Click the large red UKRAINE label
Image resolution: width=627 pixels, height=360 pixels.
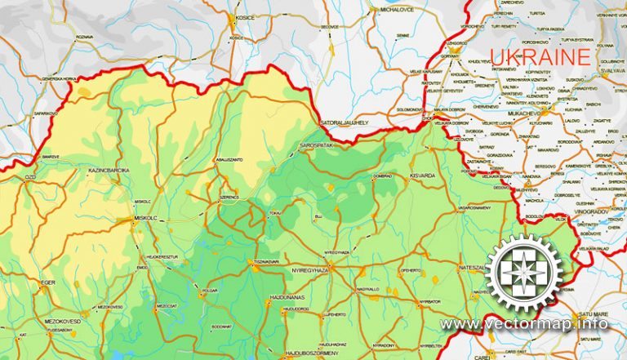click(x=540, y=56)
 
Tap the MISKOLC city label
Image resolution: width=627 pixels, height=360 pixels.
click(x=140, y=218)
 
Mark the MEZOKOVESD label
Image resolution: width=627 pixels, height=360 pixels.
click(x=62, y=322)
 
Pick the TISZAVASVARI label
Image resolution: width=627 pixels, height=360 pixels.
click(x=265, y=261)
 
